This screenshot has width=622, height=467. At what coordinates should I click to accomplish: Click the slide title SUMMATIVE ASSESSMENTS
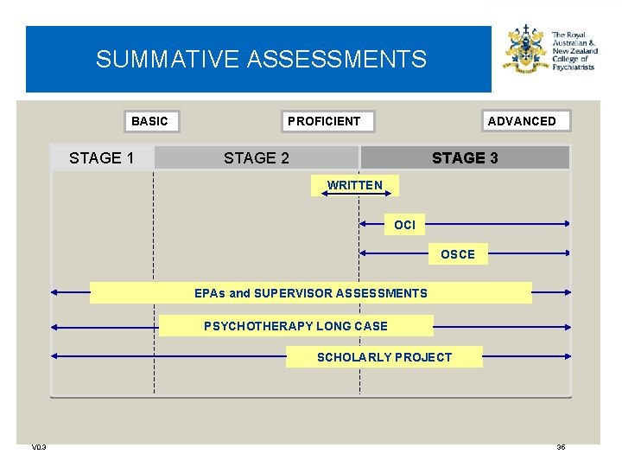[261, 59]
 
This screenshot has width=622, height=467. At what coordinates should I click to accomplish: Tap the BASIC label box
[149, 121]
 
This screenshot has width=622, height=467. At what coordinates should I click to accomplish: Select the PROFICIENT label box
[324, 121]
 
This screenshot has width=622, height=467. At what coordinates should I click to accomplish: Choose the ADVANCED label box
[522, 121]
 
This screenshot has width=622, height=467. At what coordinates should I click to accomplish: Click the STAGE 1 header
[102, 157]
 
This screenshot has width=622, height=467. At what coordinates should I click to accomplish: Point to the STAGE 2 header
[257, 157]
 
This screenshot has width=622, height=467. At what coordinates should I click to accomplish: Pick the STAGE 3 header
[465, 157]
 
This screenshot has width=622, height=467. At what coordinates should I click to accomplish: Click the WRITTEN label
[355, 185]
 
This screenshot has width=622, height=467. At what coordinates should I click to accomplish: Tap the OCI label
[404, 225]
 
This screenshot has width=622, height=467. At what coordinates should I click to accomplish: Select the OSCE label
[458, 254]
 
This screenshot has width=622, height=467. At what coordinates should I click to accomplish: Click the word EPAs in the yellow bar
[210, 293]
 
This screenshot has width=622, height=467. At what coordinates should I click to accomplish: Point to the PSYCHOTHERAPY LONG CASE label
[295, 326]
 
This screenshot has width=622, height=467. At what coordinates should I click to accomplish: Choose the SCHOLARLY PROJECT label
[384, 357]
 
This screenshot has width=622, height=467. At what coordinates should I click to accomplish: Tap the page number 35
[561, 447]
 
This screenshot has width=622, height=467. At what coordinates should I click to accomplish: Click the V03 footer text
[39, 447]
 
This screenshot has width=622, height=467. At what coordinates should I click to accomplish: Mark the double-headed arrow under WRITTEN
[355, 195]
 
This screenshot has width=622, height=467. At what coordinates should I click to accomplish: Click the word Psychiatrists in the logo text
[574, 67]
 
